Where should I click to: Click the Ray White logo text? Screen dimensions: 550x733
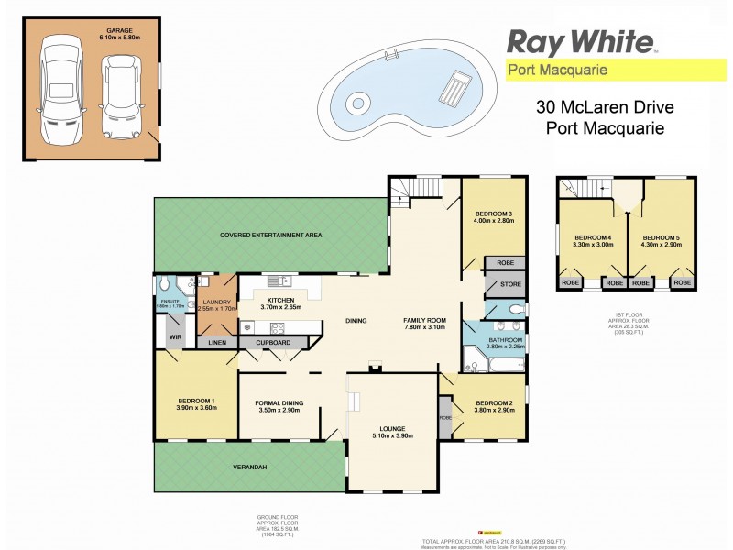coord(579,41)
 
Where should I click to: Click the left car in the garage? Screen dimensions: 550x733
coord(61,89)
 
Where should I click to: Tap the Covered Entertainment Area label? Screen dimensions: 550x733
coord(270,236)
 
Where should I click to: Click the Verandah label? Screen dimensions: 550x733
coord(247,468)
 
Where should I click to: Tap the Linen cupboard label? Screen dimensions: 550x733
coord(217,343)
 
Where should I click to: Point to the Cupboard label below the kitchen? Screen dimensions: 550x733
coord(274,343)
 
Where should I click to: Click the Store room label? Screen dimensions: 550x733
coord(511,284)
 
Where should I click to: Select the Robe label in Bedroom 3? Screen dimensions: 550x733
coord(504,262)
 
